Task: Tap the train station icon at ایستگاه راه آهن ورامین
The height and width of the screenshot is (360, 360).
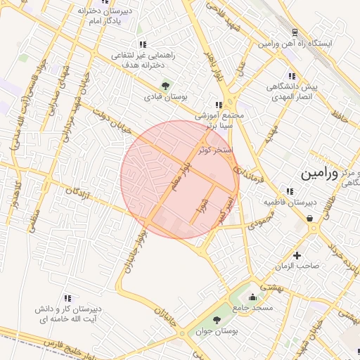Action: [294, 32]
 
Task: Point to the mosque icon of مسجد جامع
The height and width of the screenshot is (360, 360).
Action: [252, 297]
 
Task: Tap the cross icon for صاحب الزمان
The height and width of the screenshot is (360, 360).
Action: [297, 255]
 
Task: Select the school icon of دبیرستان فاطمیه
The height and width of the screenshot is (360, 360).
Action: [289, 191]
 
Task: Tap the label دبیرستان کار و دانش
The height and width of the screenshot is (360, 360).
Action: [70, 309]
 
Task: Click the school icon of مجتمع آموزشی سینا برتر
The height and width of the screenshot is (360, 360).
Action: [219, 105]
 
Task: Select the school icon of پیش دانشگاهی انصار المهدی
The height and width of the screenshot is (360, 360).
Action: [290, 76]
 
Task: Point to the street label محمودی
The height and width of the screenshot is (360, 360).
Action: [259, 224]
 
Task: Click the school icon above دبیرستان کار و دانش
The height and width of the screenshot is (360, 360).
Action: [67, 298]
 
